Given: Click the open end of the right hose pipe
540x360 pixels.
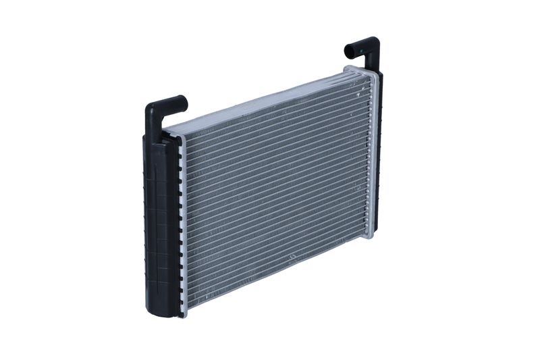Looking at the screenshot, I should (x=348, y=51).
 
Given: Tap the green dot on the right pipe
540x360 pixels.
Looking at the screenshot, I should (x=362, y=49).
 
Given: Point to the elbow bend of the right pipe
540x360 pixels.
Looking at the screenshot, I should (x=373, y=45).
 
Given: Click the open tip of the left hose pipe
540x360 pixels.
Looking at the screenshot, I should (x=184, y=102).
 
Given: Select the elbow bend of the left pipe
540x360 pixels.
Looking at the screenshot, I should (x=153, y=109).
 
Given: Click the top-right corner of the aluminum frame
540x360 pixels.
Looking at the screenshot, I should (x=373, y=70).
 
